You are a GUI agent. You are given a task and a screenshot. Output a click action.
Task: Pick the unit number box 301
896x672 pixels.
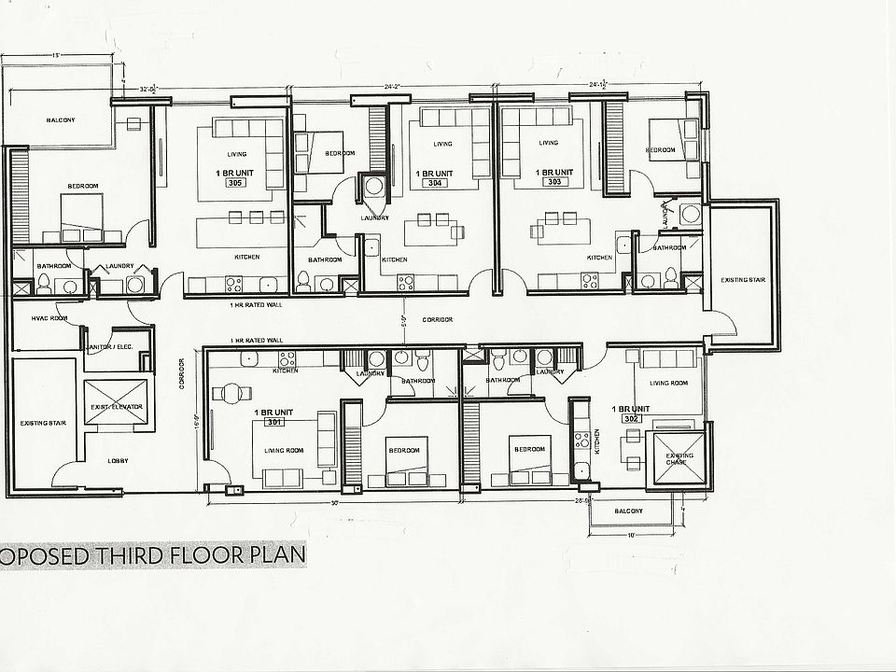coord(273,421)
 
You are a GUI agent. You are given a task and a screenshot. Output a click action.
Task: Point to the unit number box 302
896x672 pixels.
coord(630,419)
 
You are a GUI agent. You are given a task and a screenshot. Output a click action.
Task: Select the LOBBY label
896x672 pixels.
coord(118,461)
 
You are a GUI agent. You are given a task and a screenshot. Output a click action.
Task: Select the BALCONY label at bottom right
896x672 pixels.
coord(628,511)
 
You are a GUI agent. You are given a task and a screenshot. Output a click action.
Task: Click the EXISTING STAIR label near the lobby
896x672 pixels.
coord(39,423)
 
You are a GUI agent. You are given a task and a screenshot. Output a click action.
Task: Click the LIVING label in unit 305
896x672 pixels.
coord(235,154)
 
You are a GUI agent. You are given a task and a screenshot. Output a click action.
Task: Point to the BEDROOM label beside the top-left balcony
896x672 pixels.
coord(83,187)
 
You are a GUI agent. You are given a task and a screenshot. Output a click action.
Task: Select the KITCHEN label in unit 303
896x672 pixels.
coord(598,258)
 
